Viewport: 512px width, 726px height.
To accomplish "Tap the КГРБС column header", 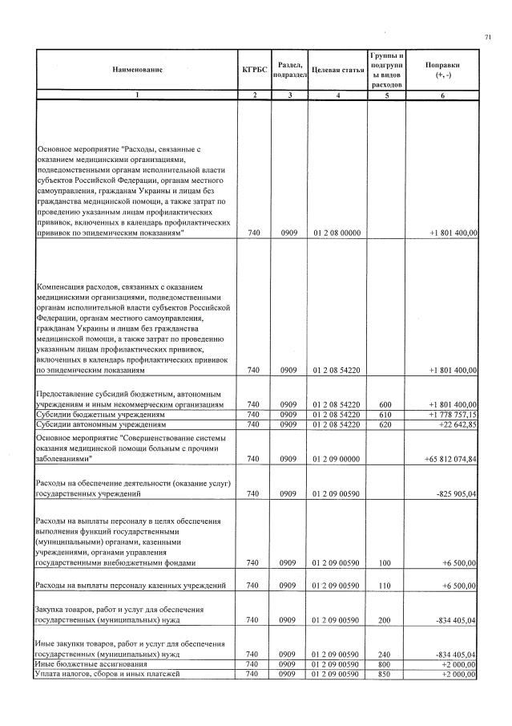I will (253, 70).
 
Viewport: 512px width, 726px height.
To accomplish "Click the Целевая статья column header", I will (337, 70).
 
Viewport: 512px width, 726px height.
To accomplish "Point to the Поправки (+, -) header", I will (442, 70).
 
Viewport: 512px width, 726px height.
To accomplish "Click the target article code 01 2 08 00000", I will (337, 233).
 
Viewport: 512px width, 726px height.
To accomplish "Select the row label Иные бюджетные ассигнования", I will (94, 664).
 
